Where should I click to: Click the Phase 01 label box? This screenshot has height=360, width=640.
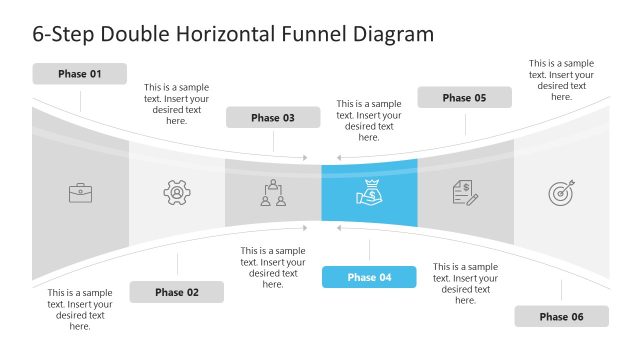pos(80,74)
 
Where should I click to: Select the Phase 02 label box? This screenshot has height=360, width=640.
pos(177,292)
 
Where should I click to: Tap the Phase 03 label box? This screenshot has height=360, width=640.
pos(273,118)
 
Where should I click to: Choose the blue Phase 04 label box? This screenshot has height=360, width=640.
pos(369,277)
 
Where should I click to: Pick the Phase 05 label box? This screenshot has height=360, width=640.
pos(465,98)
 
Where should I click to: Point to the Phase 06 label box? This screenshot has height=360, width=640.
pos(561,317)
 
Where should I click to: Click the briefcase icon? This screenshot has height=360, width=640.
pos(80,192)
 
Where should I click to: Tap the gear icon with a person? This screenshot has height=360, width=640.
pos(177,192)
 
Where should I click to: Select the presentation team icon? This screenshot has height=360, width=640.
pos(273,192)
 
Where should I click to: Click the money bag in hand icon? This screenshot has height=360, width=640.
pos(369,192)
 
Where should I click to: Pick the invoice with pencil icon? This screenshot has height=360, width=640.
pos(465,192)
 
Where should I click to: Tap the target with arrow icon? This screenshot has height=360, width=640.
pos(561,192)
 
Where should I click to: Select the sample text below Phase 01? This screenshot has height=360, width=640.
pos(80,309)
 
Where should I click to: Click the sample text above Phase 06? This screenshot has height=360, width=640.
pos(561,80)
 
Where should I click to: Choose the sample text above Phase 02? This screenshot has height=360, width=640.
pos(177,104)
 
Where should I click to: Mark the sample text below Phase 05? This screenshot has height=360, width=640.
pos(465,283)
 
